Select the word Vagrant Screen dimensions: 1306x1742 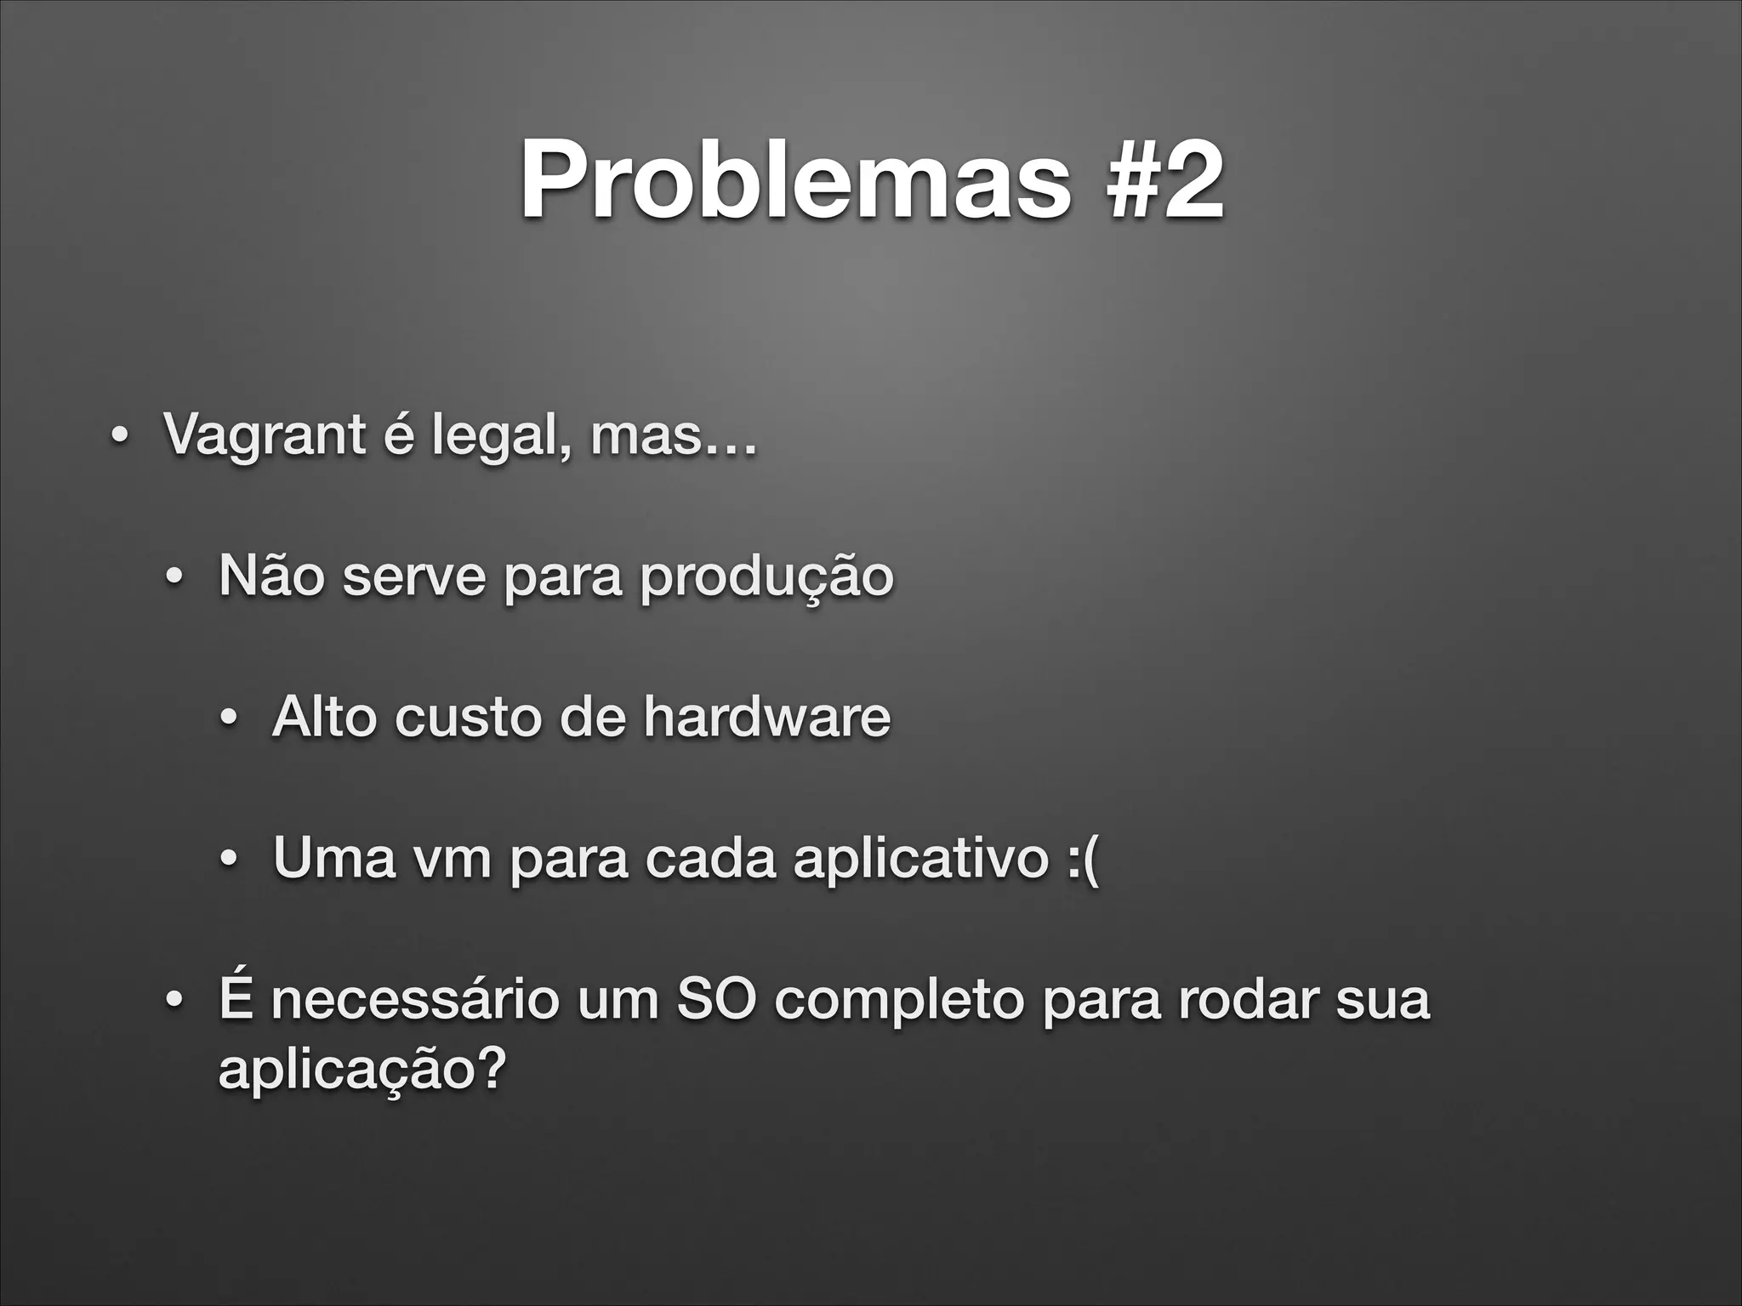pos(265,435)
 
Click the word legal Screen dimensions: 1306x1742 pos(500,435)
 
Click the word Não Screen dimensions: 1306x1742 pos(271,576)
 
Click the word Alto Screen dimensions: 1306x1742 pos(324,717)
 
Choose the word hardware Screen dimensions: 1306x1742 pos(766,717)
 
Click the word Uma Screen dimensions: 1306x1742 pos(334,858)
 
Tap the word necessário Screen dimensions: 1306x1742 pos(415,1000)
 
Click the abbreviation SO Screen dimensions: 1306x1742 pos(715,1000)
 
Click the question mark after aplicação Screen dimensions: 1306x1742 pos(489,1068)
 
